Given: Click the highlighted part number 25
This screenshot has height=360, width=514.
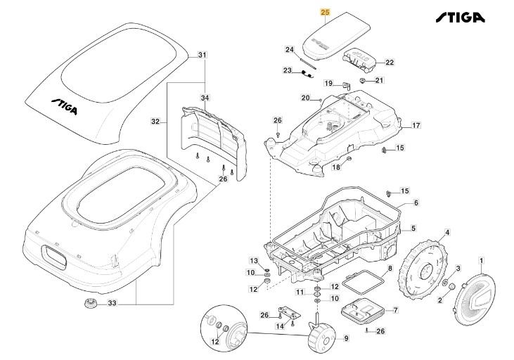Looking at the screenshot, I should (x=324, y=12).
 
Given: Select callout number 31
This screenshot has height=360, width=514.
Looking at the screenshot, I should (x=203, y=55).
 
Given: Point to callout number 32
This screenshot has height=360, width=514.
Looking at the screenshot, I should (x=156, y=121).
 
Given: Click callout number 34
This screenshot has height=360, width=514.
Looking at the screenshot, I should (x=205, y=97).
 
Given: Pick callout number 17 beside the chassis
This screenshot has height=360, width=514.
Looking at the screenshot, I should (x=416, y=126).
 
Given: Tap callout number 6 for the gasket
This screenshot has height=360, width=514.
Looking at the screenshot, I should (x=416, y=203).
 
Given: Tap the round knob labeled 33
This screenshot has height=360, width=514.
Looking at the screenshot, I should (x=90, y=304).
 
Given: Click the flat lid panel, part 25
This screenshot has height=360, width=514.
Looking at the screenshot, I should (x=334, y=35).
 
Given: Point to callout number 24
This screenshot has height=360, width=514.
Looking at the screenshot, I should (x=289, y=49).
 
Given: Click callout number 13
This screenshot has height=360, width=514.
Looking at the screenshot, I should (x=255, y=261).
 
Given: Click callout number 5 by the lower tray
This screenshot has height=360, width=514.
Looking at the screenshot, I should (x=413, y=228).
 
